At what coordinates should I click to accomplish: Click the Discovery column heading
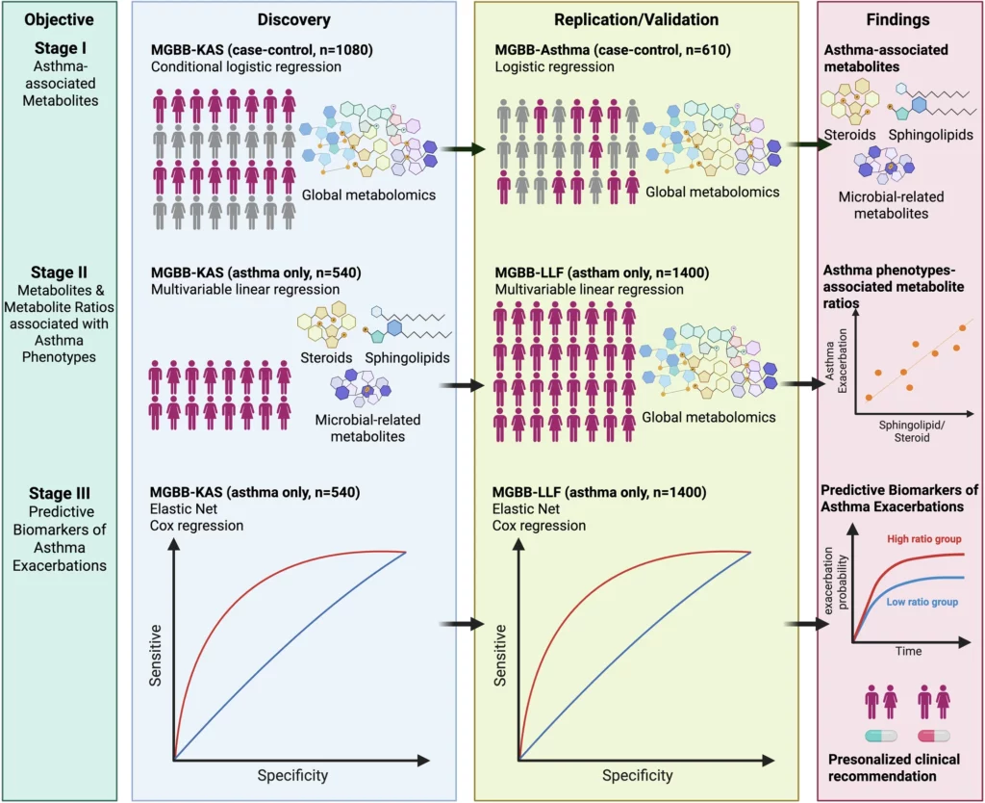(x=293, y=19)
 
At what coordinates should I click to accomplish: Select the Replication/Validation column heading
(x=636, y=19)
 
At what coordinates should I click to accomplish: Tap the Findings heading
(x=898, y=19)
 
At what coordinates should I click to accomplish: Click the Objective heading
(x=59, y=19)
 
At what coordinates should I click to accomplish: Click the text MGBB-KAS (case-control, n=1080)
(x=261, y=49)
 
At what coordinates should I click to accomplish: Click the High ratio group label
(x=922, y=538)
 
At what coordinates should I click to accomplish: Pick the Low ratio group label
(x=922, y=601)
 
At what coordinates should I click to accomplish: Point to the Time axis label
(x=908, y=652)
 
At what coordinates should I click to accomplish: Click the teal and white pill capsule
(x=882, y=736)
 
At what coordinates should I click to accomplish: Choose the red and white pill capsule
(x=934, y=736)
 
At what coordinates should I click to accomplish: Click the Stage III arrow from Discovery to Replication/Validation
(x=460, y=624)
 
